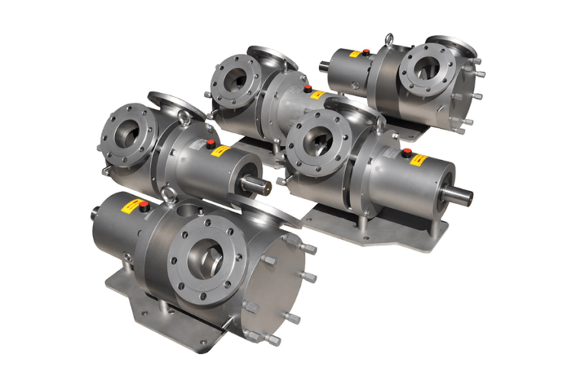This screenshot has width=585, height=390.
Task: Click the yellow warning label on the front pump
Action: tap(134, 206)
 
